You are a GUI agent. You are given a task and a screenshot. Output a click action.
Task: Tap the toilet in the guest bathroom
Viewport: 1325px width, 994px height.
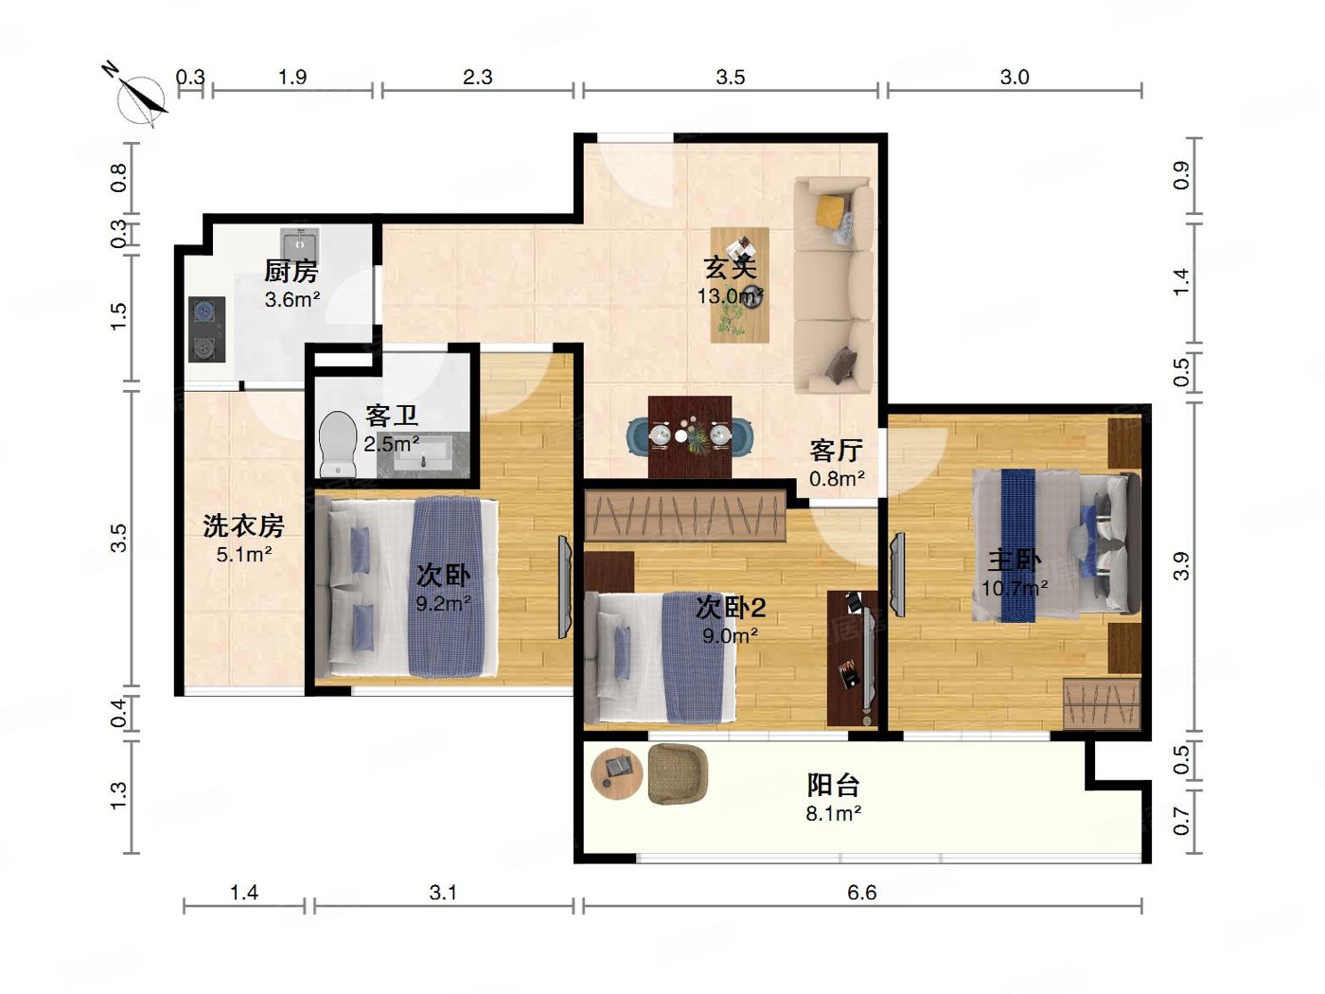pos(336,443)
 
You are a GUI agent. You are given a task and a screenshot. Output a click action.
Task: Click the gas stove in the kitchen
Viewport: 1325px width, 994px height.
pos(207,329)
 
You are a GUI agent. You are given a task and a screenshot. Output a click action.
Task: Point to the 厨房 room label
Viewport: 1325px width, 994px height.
pos(291,272)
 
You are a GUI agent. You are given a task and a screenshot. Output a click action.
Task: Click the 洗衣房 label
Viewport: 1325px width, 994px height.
pos(243,525)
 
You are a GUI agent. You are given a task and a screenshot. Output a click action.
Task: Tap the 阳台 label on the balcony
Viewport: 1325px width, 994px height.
pos(833,785)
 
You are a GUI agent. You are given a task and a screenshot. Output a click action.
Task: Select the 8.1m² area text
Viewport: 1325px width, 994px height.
pos(833,813)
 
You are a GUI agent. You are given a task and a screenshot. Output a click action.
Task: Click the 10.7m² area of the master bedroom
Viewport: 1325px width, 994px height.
pos(1014,588)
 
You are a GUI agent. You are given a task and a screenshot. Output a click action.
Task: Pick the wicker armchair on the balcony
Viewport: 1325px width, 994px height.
pos(678,773)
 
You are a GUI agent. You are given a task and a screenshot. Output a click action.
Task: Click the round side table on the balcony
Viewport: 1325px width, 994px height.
pos(617,772)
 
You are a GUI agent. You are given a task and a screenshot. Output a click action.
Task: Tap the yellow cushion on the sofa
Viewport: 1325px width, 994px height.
pos(831,208)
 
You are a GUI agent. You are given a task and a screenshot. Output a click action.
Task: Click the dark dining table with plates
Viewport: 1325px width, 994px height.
pos(690,436)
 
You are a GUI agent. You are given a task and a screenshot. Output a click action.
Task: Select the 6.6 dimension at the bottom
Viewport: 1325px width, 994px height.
pos(861,893)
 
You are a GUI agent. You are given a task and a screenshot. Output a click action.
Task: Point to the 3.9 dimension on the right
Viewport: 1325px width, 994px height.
pos(1180,566)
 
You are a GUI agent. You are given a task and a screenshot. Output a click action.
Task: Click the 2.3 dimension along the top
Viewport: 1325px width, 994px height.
pos(477,78)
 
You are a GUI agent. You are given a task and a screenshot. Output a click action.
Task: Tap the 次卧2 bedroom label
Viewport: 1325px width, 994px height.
pos(730,607)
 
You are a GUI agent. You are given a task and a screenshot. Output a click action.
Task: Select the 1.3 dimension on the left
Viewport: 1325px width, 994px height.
pos(118,795)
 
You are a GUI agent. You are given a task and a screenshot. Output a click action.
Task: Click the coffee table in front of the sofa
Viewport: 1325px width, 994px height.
pos(739,284)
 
